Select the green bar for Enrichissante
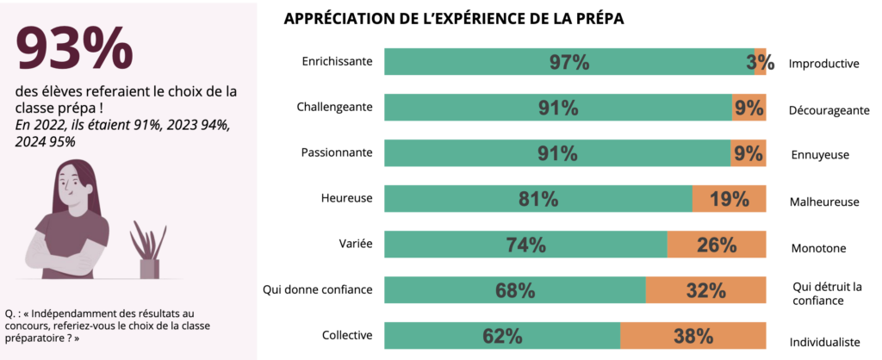[568, 62]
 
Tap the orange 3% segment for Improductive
[760, 62]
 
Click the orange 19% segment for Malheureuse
[729, 199]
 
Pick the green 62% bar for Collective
[502, 336]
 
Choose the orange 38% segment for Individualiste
[693, 336]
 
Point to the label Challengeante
[334, 107]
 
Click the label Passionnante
[337, 152]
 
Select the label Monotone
[818, 248]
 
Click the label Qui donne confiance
[318, 289]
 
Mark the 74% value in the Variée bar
[525, 245]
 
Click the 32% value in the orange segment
[705, 290]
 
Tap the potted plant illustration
[148, 251]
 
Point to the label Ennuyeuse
[820, 156]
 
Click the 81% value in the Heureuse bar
[538, 199]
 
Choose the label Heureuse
[348, 198]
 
